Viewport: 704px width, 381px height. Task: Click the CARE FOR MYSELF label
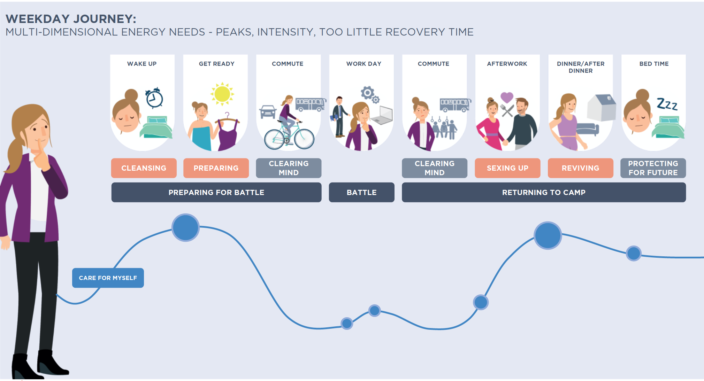point(108,278)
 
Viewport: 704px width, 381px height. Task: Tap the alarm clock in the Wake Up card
point(154,98)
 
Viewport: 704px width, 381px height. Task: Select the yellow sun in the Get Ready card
point(222,94)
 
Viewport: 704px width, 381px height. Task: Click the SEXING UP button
point(507,168)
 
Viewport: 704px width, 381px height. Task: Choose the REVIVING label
point(580,168)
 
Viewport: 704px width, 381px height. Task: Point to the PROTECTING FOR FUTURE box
point(653,168)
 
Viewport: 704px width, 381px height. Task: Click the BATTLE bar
point(361,192)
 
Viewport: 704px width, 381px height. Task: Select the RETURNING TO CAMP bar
point(544,192)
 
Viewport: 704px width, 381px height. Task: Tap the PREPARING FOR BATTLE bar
point(216,192)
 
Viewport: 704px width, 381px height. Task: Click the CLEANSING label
point(144,168)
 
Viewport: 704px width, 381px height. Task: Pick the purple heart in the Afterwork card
point(507,97)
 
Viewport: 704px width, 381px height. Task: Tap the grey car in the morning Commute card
point(268,112)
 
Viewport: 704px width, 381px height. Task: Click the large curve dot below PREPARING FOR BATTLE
point(185,227)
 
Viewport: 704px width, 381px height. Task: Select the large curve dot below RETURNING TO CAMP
point(548,235)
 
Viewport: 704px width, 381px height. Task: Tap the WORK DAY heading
point(364,64)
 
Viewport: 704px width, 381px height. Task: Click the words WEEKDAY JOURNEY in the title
point(71,19)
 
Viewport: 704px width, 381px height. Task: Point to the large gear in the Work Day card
point(367,93)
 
